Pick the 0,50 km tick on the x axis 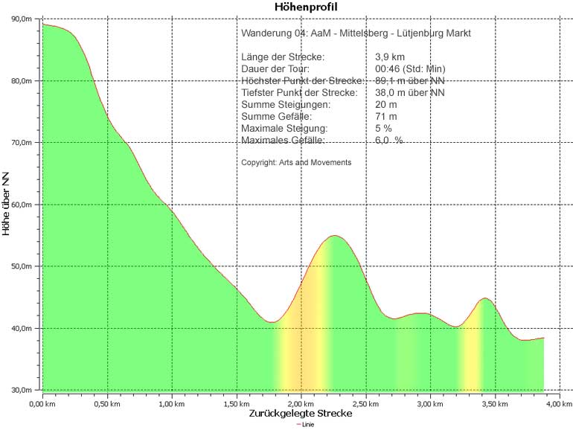click(107, 404)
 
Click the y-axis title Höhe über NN click(7, 205)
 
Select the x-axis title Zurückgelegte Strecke click(301, 414)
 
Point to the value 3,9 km click(390, 57)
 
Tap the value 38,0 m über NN click(410, 93)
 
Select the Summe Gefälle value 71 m click(386, 117)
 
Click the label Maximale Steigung click(284, 129)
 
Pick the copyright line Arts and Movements click(296, 162)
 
